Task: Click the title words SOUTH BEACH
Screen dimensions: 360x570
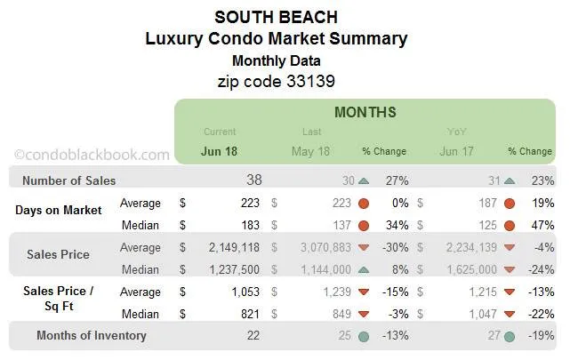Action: point(277,17)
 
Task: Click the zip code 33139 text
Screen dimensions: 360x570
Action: point(277,80)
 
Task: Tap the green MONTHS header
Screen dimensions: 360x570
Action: point(365,113)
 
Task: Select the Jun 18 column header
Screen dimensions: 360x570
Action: point(220,151)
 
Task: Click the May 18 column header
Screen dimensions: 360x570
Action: point(310,151)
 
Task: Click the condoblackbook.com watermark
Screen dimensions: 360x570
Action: point(92,154)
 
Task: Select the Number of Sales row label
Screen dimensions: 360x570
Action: point(68,181)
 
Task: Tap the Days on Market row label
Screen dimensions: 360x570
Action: point(58,210)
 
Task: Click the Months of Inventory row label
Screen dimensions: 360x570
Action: point(91,336)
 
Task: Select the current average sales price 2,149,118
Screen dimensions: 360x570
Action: point(228,247)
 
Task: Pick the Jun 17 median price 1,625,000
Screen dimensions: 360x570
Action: point(465,269)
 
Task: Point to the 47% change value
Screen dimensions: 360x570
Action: point(540,225)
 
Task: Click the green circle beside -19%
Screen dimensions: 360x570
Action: point(509,337)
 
